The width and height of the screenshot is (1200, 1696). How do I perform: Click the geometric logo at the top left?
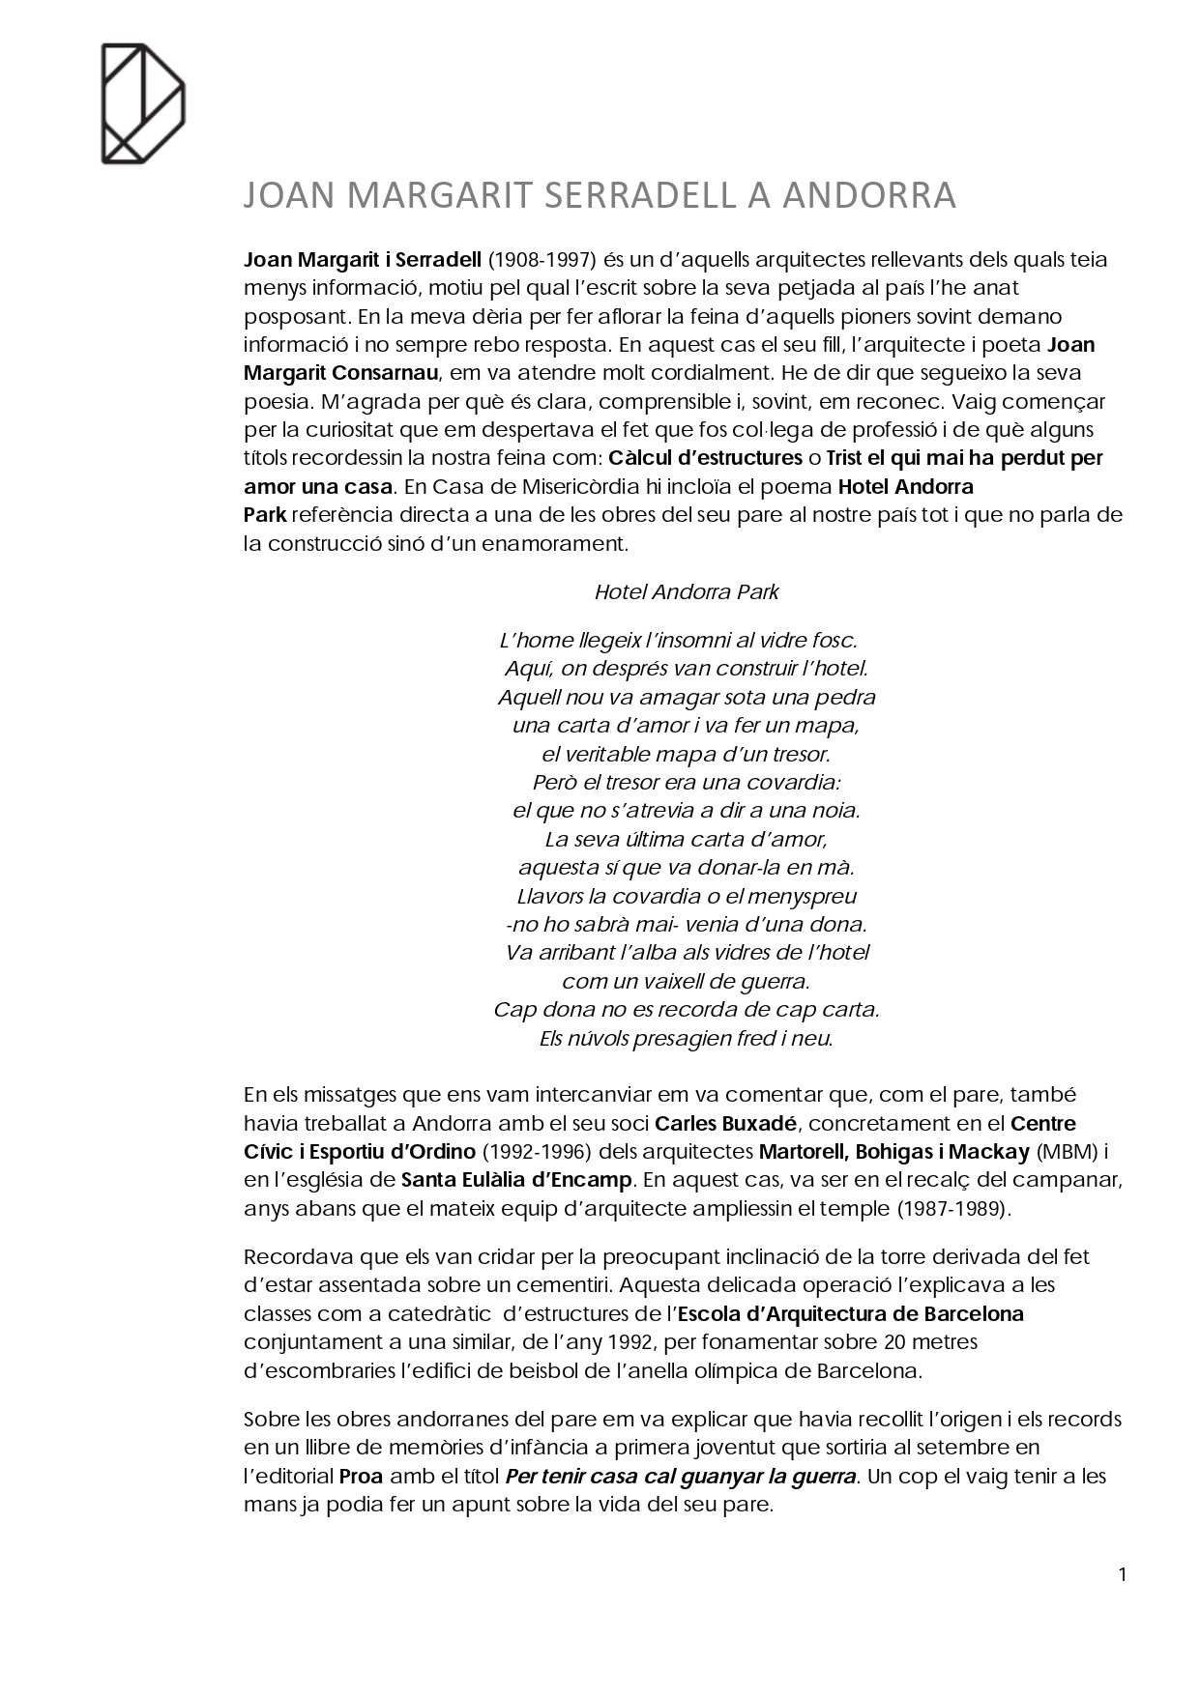(143, 103)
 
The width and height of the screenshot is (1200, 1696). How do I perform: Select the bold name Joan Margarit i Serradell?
(363, 260)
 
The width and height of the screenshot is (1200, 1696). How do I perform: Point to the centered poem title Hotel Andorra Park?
(687, 591)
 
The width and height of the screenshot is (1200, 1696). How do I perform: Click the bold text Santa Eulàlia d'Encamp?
(516, 1180)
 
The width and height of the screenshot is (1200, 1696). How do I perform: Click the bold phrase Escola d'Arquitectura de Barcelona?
(851, 1314)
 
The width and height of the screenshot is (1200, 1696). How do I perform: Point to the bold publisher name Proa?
(361, 1477)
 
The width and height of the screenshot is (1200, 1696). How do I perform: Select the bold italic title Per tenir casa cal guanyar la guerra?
(682, 1477)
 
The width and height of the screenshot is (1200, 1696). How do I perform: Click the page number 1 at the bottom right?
(1123, 1575)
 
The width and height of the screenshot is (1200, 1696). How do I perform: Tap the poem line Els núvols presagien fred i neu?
(687, 1039)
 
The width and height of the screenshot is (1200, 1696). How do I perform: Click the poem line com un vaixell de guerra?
(686, 982)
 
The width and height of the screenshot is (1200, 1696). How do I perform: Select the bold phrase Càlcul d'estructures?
(706, 458)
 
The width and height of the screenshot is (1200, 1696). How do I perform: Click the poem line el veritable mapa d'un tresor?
(686, 754)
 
